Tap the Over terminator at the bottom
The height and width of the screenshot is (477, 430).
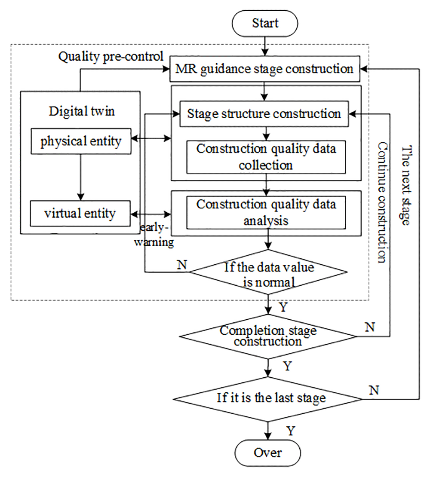(x=267, y=453)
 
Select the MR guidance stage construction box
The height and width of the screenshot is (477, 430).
(x=265, y=68)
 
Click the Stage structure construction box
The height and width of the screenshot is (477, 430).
(x=263, y=114)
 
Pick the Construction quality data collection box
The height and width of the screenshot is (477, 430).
(x=266, y=156)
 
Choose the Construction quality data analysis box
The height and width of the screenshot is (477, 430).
(x=266, y=212)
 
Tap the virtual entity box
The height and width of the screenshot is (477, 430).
(x=81, y=213)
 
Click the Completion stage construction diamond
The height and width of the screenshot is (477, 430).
(x=269, y=336)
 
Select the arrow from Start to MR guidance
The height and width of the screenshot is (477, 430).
(x=266, y=45)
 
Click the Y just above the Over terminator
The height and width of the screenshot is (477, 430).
(x=291, y=431)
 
